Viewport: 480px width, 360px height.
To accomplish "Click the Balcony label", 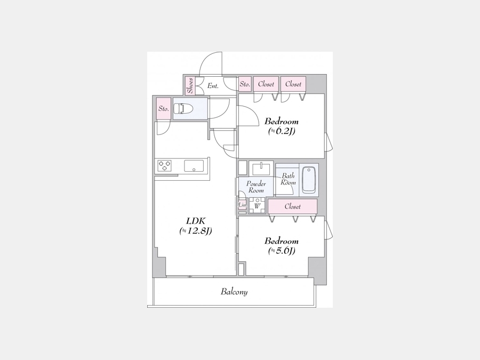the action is pos(234,291).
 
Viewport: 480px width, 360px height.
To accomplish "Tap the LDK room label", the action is pos(196,221).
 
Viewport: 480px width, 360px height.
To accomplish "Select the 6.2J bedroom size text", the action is pos(282,131).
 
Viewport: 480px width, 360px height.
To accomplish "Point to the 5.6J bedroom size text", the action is pos(282,251).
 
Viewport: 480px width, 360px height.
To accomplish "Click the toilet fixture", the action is pos(183,109).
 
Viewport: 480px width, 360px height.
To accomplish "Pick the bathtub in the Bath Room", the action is pos(309,180).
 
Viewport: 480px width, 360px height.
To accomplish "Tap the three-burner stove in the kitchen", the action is pos(164,166).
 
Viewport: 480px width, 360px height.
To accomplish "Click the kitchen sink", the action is pos(194,166).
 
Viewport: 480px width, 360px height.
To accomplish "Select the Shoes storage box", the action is pos(190,86).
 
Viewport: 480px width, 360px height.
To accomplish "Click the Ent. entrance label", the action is pos(213,86).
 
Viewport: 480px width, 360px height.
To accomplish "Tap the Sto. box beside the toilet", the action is pos(164,109).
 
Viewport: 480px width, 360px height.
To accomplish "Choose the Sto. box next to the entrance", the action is pos(245,84).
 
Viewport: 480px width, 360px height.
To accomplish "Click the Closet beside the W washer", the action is pos(293,206).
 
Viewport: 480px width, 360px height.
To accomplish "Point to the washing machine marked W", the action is pos(257,206).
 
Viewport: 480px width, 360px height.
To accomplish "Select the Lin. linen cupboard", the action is pos(242,205).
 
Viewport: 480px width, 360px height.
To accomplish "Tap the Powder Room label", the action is pos(256,187).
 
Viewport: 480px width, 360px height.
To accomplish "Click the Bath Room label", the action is pos(289,179).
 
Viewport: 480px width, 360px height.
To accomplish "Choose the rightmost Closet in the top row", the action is pos(293,84).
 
